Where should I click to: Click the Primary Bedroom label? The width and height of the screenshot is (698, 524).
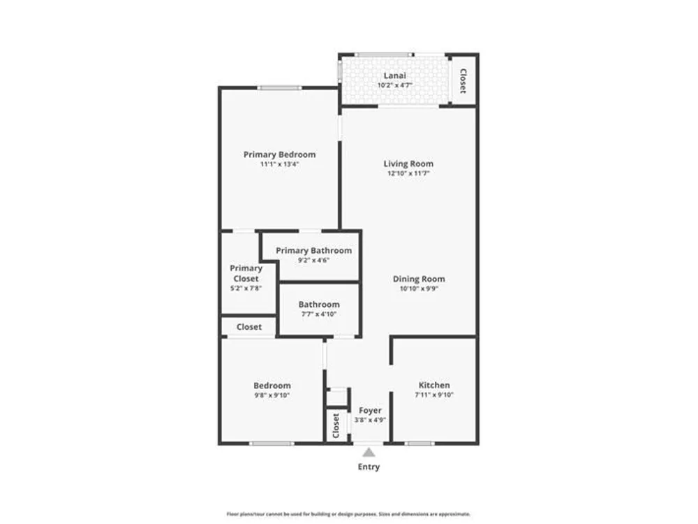tap(280, 154)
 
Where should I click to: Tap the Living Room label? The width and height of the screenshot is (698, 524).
tap(408, 163)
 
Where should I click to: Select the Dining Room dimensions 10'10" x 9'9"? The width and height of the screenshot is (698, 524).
tap(419, 289)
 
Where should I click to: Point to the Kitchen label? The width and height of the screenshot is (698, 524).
tap(434, 385)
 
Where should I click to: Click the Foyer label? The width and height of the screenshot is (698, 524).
tap(370, 410)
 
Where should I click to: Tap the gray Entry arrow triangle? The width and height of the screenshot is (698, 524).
tap(369, 452)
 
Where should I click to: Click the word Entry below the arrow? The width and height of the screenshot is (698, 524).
tap(369, 467)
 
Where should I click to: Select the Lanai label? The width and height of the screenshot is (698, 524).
tap(394, 75)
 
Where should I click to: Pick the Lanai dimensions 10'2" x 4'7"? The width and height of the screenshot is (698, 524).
tap(395, 85)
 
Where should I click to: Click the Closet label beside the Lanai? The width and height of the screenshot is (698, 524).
tap(463, 80)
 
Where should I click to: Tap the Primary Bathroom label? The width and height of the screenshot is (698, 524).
tap(313, 250)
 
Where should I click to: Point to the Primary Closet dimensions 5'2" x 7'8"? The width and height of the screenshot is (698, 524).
tap(246, 289)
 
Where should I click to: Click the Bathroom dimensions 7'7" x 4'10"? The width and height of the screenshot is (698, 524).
tap(319, 314)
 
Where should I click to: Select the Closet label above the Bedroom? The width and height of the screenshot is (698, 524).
tap(249, 326)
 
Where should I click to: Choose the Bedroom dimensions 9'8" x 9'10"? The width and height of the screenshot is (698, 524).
tap(272, 395)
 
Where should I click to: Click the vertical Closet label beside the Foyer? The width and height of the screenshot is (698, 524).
tap(336, 425)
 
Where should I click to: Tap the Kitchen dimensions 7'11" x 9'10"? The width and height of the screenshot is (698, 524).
tap(434, 395)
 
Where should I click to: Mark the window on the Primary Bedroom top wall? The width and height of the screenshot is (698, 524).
tap(279, 88)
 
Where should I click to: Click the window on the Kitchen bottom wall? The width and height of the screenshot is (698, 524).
tap(419, 444)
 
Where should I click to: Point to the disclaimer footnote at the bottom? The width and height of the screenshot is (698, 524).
tap(348, 514)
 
